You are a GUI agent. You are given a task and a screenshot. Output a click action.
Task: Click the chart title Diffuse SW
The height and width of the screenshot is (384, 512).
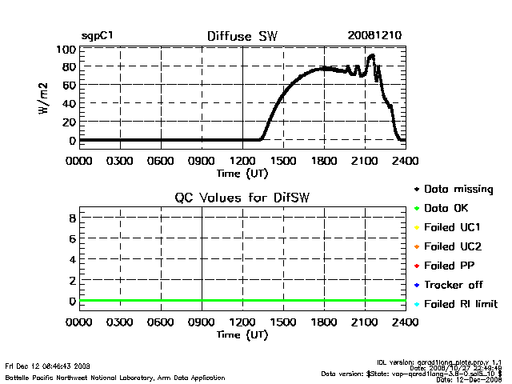click(242, 36)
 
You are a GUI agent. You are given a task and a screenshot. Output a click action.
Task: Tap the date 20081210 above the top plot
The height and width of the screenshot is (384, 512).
click(374, 36)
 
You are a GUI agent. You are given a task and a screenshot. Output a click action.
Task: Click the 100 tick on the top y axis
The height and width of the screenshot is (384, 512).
click(66, 50)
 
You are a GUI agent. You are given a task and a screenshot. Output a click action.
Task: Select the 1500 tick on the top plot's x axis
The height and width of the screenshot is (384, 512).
click(283, 160)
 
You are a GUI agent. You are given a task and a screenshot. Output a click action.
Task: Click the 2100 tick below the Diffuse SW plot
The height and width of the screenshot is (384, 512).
click(365, 160)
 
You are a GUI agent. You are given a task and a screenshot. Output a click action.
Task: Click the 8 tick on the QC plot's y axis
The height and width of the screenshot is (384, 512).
click(72, 218)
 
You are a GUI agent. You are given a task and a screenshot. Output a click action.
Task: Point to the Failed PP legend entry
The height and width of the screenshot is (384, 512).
click(450, 266)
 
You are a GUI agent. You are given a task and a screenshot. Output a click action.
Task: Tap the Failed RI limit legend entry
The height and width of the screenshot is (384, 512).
click(460, 304)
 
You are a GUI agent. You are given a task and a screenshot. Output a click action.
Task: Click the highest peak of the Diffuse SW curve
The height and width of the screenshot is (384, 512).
click(371, 55)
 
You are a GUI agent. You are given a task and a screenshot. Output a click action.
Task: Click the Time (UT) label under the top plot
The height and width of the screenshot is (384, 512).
click(242, 172)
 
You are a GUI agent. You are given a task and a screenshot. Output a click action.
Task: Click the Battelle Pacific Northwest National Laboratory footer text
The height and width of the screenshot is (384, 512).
click(115, 377)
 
